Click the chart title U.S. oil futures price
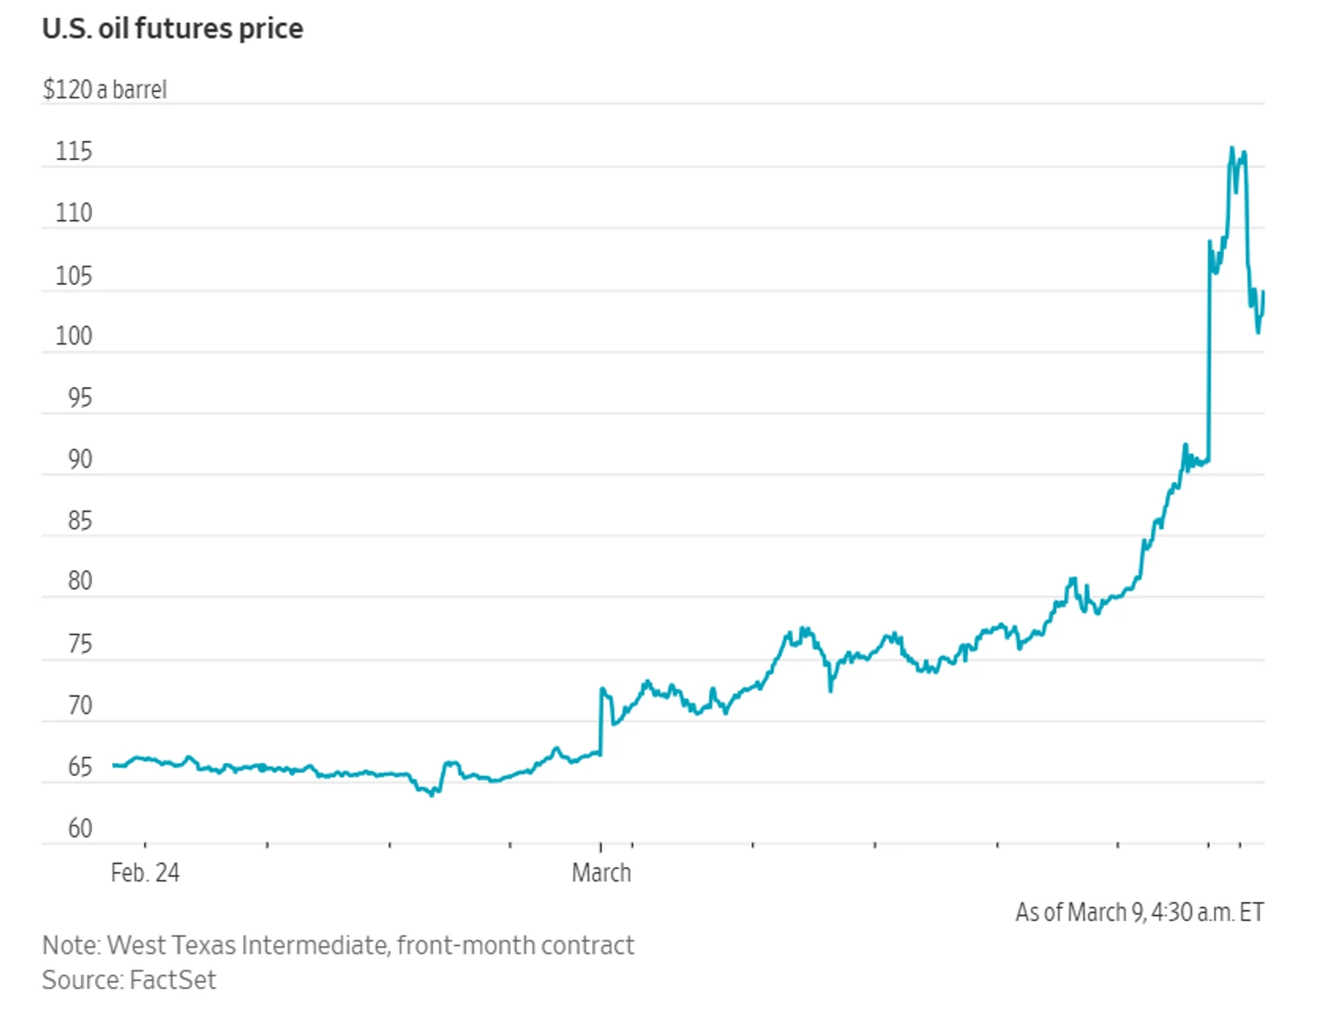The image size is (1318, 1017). [172, 29]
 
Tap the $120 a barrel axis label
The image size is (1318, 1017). [105, 90]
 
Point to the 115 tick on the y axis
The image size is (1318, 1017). [74, 152]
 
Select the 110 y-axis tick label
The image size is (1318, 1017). [74, 214]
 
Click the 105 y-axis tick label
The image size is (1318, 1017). [74, 276]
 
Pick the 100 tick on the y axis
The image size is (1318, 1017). [74, 337]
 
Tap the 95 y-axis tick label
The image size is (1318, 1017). [79, 399]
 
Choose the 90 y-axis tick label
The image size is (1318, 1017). [79, 460]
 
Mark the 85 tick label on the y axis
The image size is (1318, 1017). [79, 521]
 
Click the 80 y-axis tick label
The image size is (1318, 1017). [79, 581]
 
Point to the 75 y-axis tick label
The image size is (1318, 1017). [79, 644]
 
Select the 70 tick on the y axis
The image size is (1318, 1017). [79, 706]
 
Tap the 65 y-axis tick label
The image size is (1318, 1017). [79, 767]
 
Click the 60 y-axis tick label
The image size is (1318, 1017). [79, 829]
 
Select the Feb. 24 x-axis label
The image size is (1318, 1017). [145, 873]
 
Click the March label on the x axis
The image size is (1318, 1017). [601, 873]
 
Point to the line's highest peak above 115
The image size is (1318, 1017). [1232, 149]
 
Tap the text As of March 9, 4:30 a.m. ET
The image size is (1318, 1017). [1140, 912]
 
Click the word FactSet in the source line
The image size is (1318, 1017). [172, 980]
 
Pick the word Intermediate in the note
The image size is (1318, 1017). [314, 946]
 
